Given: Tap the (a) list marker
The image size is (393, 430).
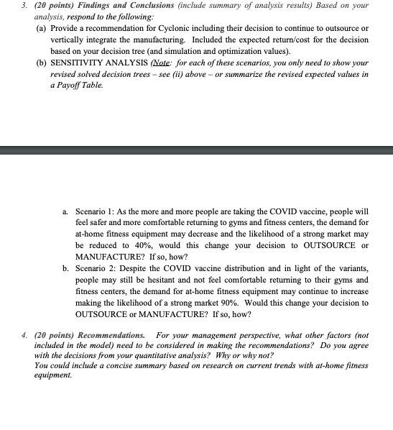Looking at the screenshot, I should [41, 28].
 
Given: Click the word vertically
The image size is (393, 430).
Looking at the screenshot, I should [68, 40].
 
